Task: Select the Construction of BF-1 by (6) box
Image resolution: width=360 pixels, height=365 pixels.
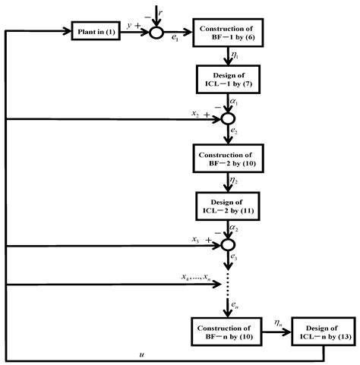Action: (x=228, y=33)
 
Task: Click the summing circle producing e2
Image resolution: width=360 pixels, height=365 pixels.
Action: (x=228, y=119)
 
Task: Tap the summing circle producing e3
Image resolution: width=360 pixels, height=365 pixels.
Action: (x=228, y=245)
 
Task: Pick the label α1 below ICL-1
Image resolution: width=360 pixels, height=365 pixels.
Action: (x=235, y=103)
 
